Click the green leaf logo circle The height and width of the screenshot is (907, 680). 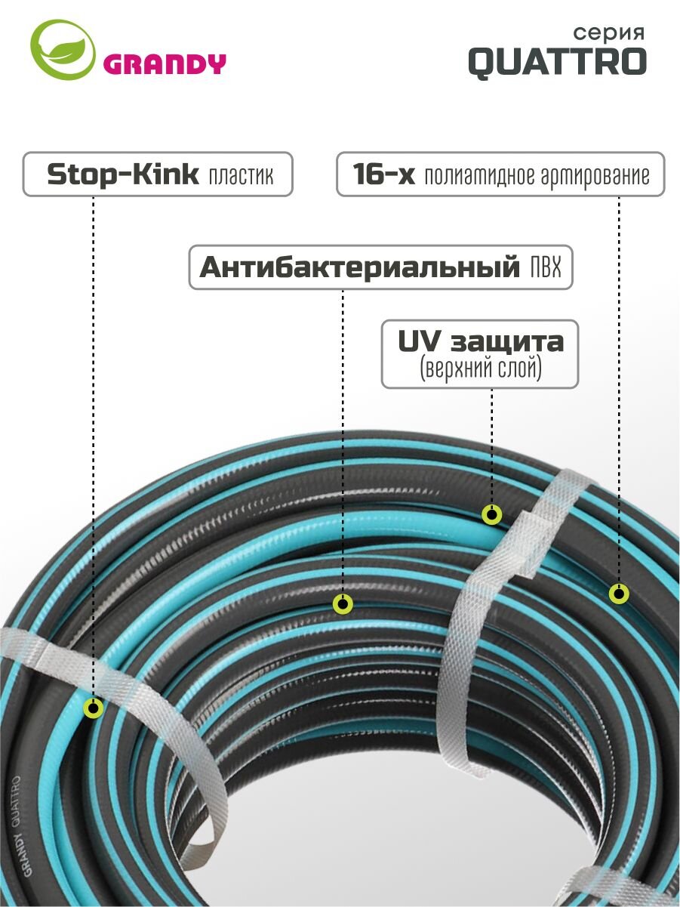point(63,49)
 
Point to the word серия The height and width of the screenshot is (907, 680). point(609,32)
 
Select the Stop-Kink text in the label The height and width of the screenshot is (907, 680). point(122,174)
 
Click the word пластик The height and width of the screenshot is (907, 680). point(241,176)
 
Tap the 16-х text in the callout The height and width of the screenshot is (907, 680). point(383,174)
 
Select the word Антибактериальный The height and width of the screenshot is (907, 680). point(359,267)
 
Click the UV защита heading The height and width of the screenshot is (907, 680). point(481,341)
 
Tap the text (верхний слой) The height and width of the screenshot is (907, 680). point(481,368)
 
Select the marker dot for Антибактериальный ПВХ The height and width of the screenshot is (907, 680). point(343,604)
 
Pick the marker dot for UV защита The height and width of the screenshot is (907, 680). point(492,515)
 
